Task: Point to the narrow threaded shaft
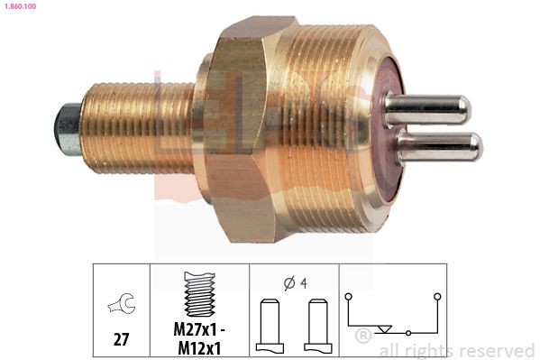135,126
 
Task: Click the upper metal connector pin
426,110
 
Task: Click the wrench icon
120,305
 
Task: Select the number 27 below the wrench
120,340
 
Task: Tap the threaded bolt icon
198,292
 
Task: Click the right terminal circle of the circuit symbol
437,296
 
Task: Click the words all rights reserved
456,350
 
